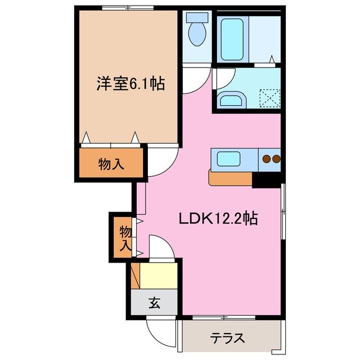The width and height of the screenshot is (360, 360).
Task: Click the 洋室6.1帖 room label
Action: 129,84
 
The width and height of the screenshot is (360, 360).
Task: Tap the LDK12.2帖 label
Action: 218,218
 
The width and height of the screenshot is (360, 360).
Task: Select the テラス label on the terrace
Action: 228,338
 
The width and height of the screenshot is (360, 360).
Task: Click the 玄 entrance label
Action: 155,303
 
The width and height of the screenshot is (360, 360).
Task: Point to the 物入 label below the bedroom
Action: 111,164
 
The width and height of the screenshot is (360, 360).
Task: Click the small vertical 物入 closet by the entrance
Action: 125,238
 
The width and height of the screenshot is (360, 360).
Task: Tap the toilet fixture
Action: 196,31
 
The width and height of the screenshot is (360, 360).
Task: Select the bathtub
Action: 232,39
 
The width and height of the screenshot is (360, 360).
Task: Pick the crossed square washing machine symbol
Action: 269,97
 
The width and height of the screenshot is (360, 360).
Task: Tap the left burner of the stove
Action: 265,159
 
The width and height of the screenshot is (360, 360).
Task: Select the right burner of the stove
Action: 276,159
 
